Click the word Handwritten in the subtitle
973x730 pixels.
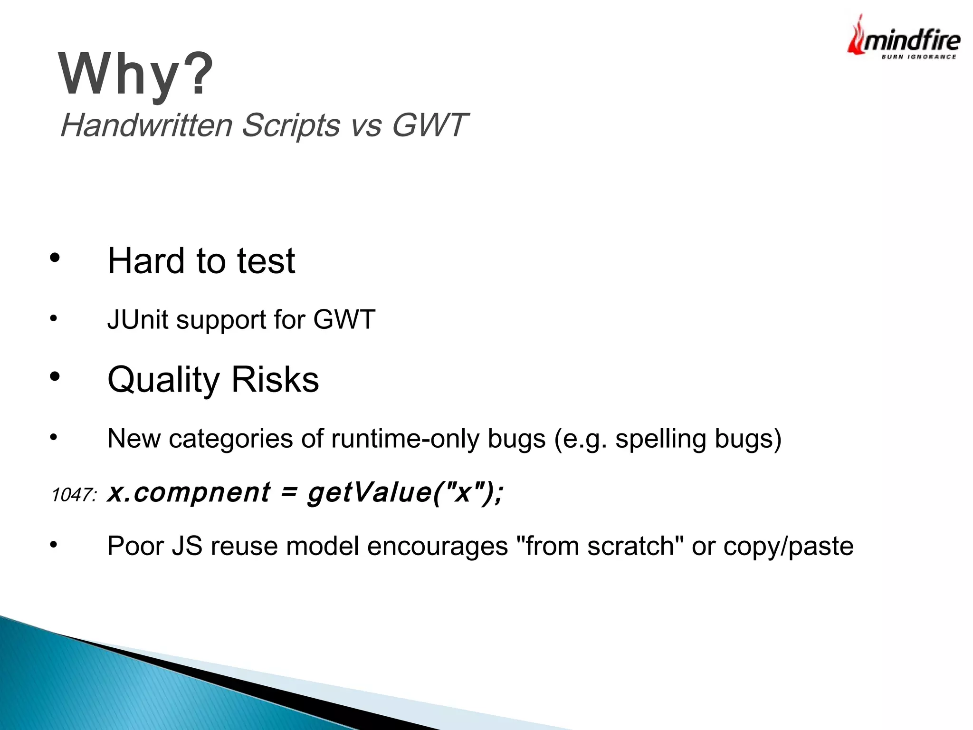(x=146, y=125)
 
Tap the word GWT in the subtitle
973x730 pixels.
(x=429, y=125)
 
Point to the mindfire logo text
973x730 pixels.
(x=911, y=41)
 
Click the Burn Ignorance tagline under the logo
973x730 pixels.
(x=918, y=57)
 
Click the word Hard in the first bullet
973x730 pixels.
(x=145, y=261)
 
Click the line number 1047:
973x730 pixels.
(x=74, y=495)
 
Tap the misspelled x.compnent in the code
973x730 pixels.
(x=189, y=492)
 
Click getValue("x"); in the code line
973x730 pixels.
(x=405, y=492)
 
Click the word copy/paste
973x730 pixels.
(x=788, y=547)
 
